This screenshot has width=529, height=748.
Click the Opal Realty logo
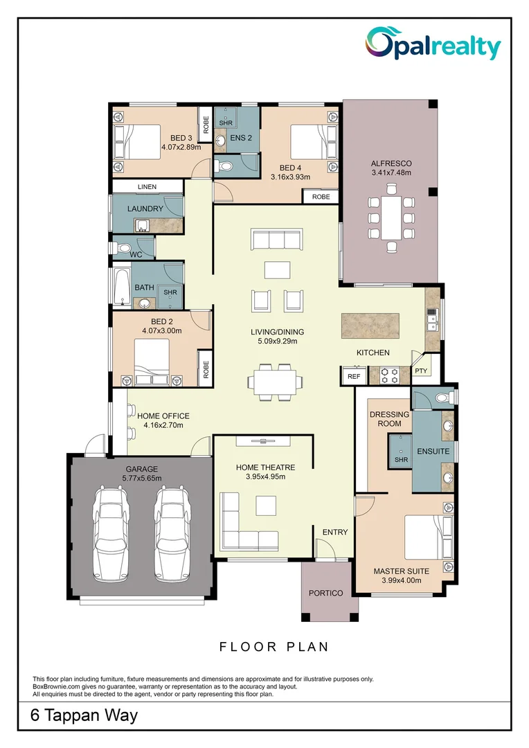pyautogui.click(x=433, y=44)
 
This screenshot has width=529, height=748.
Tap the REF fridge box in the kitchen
pyautogui.click(x=354, y=376)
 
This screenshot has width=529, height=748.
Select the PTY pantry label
pyautogui.click(x=421, y=371)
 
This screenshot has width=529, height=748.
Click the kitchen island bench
pyautogui.click(x=370, y=326)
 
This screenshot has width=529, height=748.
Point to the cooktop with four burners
pyautogui.click(x=388, y=375)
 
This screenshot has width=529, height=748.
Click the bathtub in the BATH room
pyautogui.click(x=122, y=287)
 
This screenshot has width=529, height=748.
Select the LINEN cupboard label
pyautogui.click(x=147, y=186)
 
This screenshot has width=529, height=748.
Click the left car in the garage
pyautogui.click(x=112, y=533)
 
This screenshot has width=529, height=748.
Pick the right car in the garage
pyautogui.click(x=173, y=533)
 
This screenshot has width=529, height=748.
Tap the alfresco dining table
pyautogui.click(x=391, y=218)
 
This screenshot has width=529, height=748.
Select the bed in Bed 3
pyautogui.click(x=137, y=142)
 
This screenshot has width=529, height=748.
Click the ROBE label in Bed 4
pyautogui.click(x=321, y=197)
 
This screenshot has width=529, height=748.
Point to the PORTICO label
pyautogui.click(x=326, y=593)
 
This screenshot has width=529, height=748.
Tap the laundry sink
pyautogui.click(x=142, y=225)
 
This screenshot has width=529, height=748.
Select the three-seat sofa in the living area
pyautogui.click(x=277, y=238)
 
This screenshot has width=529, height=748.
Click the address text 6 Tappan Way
pyautogui.click(x=84, y=715)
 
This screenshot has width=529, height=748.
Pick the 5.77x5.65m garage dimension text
pyautogui.click(x=142, y=478)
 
